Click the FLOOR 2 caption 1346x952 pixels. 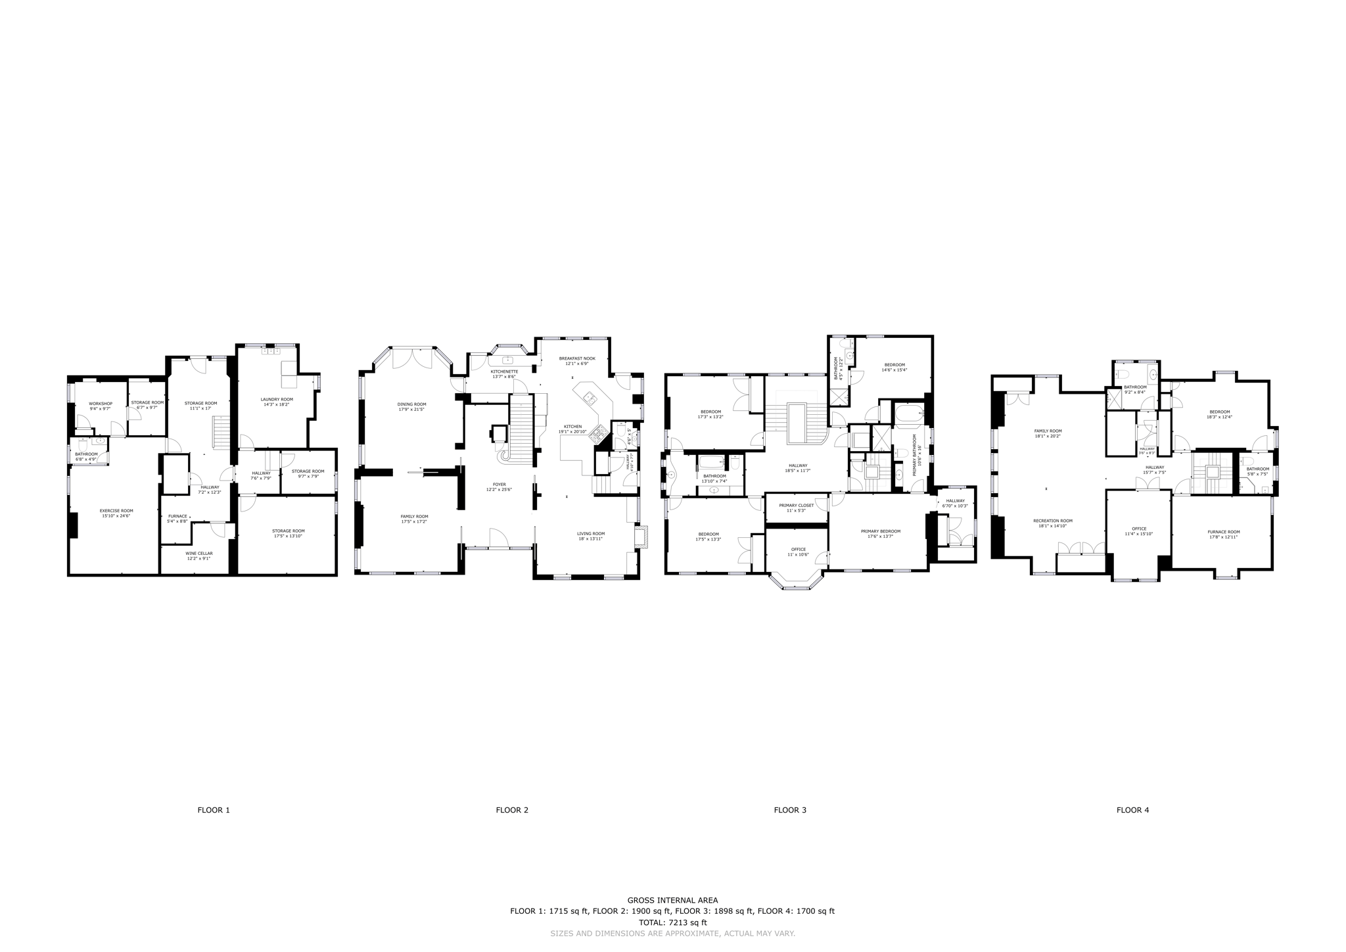(x=512, y=810)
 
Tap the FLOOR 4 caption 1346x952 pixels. (x=1132, y=810)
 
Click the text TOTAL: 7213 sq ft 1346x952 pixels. (x=672, y=922)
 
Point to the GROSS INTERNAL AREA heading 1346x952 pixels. (x=672, y=900)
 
